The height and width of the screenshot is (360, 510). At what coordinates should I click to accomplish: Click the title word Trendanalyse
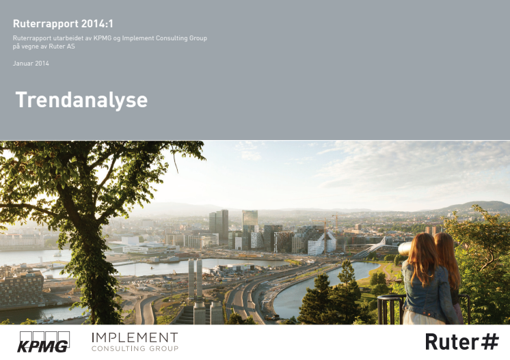click(81, 100)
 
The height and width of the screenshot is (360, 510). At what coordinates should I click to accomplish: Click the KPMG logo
click(44, 342)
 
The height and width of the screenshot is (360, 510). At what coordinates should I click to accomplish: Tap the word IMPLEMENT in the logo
click(135, 338)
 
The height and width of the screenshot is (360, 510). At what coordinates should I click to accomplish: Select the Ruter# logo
click(462, 342)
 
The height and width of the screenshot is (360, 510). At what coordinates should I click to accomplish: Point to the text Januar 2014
click(31, 64)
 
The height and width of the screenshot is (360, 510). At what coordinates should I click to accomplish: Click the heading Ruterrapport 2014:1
click(63, 24)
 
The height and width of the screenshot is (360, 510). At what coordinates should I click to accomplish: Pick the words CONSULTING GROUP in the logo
click(135, 348)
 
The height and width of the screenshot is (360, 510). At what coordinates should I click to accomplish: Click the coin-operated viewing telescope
click(405, 249)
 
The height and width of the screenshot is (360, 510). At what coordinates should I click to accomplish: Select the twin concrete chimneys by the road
click(195, 279)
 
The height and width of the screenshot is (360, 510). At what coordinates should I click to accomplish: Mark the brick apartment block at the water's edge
click(21, 289)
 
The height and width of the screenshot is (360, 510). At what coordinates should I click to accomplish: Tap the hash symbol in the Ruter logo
click(489, 342)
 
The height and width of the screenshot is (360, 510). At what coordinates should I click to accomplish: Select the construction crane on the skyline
click(325, 236)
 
